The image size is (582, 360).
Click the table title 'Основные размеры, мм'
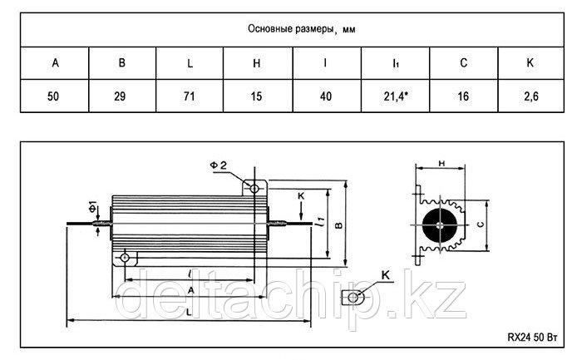point(301,29)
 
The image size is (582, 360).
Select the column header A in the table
point(56,62)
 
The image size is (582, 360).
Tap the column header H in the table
point(256,63)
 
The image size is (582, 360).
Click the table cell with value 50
point(53,96)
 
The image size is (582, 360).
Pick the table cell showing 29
point(120,96)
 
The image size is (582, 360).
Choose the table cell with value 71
point(190,96)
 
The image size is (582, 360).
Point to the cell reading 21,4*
point(396,96)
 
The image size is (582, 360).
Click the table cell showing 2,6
point(531,96)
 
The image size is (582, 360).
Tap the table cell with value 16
point(463,96)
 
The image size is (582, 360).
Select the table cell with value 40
point(326,96)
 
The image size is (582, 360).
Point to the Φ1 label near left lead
point(92,206)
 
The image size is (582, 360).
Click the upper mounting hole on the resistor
point(254,189)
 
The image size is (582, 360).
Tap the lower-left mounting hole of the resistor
point(125,258)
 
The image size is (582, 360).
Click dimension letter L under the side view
point(189,313)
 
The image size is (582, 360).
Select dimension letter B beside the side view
point(339,225)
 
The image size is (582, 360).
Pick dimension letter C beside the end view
point(481,224)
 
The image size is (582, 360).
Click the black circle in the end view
point(440,225)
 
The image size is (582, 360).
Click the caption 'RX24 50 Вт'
point(533,338)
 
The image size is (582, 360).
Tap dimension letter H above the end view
point(441,163)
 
